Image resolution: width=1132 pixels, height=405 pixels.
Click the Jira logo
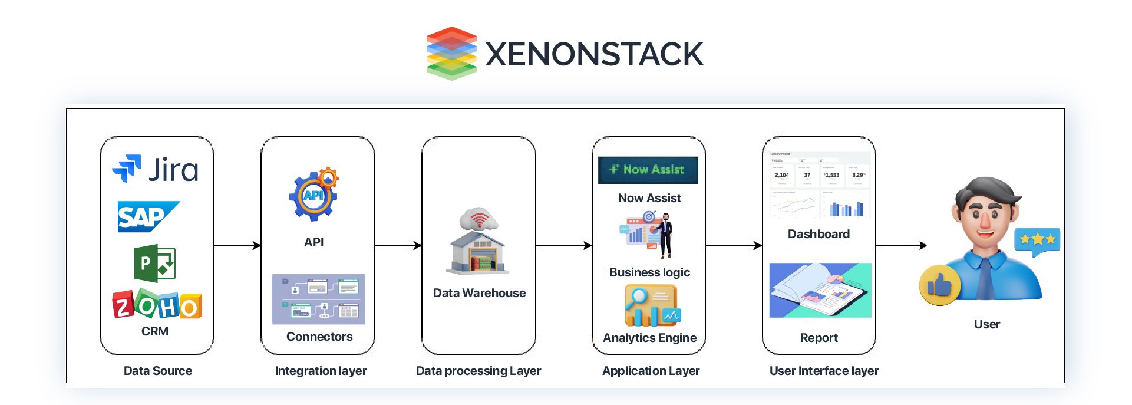[156, 170]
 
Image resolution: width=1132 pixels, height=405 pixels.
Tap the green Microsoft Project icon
[155, 263]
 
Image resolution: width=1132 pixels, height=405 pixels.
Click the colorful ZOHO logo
[157, 304]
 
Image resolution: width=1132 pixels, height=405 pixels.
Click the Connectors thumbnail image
[318, 299]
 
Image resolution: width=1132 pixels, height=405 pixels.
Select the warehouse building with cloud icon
[478, 242]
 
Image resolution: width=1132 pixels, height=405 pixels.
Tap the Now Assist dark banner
[648, 170]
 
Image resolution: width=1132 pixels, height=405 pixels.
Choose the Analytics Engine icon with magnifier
[651, 306]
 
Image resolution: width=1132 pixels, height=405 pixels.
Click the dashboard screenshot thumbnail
[819, 185]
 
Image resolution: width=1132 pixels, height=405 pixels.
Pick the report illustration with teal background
[820, 291]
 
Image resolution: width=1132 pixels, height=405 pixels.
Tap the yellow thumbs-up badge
[939, 285]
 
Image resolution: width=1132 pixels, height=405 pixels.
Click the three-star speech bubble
[1037, 241]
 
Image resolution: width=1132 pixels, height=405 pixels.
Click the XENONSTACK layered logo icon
[451, 53]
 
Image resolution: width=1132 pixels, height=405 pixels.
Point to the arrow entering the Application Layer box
[563, 245]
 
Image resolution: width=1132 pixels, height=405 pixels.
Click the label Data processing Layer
[478, 371]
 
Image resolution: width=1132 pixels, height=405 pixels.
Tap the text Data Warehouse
[479, 293]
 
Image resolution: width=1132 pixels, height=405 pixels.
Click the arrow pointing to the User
[902, 245]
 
